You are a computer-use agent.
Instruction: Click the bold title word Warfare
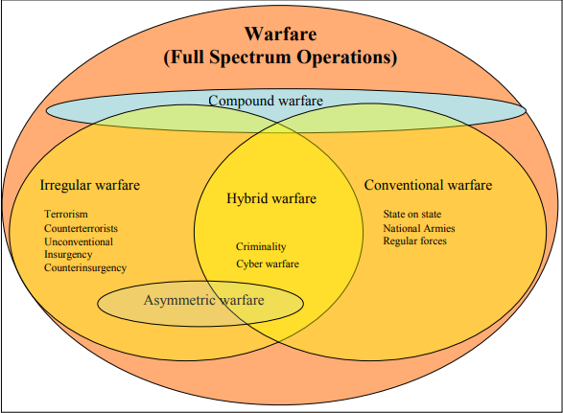click(281, 34)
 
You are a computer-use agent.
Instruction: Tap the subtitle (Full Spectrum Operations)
click(280, 57)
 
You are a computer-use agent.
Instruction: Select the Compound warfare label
click(266, 101)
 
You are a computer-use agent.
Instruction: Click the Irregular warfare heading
click(90, 186)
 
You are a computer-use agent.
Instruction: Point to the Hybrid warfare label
click(271, 198)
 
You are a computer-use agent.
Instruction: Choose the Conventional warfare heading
click(428, 185)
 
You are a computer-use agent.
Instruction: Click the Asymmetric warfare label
click(204, 300)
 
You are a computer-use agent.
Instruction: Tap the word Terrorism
click(66, 215)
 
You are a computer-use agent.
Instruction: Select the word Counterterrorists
click(82, 229)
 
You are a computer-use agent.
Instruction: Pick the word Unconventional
click(79, 241)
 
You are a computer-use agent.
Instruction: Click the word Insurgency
click(68, 255)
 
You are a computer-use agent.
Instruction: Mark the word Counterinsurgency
click(85, 268)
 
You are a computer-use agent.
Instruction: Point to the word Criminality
click(261, 247)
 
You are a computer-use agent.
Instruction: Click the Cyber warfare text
click(268, 264)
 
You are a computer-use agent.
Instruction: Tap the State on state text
click(412, 215)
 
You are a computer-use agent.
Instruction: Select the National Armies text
click(419, 229)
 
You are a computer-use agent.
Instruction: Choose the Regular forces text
click(415, 241)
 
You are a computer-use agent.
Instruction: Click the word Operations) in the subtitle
click(347, 57)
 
